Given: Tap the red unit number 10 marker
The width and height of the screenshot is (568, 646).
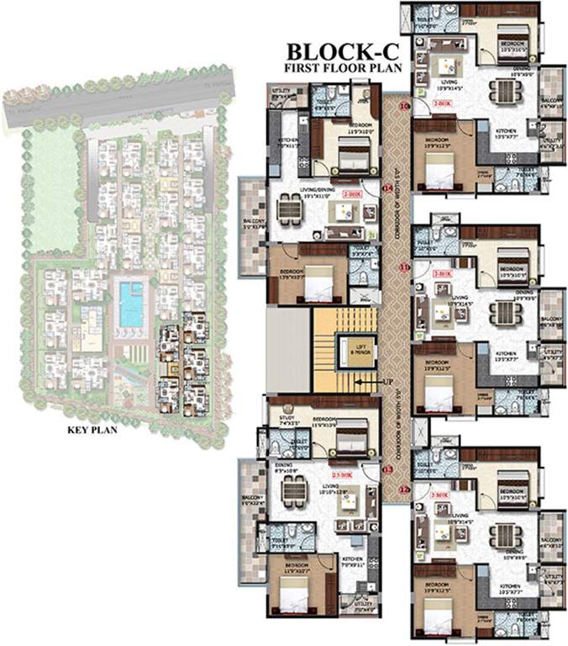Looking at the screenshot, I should tap(404, 106).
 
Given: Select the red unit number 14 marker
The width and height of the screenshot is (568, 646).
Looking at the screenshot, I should tap(387, 189).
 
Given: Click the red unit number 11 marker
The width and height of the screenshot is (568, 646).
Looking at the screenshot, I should tap(404, 267).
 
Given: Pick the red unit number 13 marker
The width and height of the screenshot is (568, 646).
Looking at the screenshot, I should tap(387, 468).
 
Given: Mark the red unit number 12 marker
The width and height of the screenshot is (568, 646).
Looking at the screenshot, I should tap(404, 490).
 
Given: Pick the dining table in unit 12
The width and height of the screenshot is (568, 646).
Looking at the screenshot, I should tap(502, 534).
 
